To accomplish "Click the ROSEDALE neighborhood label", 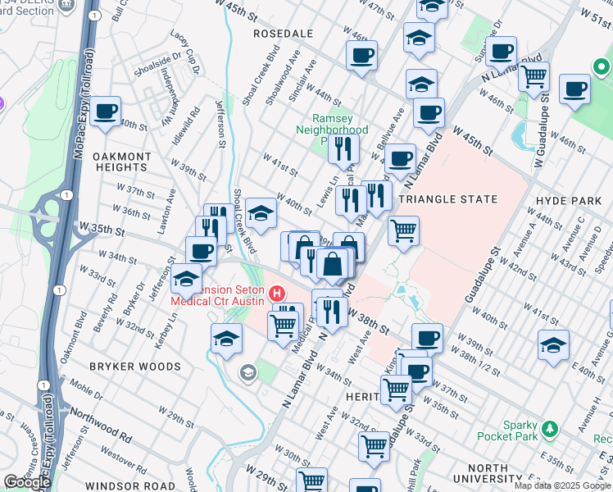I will tap(284, 34).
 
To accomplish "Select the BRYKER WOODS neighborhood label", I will tap(135, 366).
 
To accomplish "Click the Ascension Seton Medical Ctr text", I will tap(218, 295).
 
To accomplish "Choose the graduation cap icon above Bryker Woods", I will tap(226, 337).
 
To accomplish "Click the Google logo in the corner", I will tap(27, 482).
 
